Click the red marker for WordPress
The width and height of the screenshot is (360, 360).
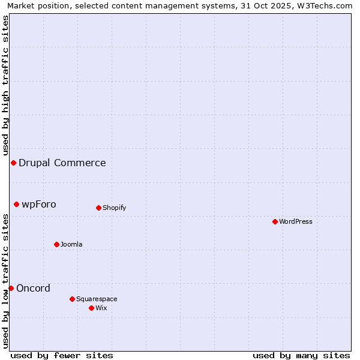click(275, 221)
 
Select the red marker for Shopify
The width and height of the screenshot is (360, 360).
click(98, 208)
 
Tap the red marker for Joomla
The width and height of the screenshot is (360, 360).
click(56, 244)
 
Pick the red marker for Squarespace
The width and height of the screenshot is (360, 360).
click(72, 299)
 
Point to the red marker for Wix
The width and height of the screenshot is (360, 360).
click(91, 308)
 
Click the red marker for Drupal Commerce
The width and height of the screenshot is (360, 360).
click(13, 163)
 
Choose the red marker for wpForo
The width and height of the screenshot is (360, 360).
click(16, 204)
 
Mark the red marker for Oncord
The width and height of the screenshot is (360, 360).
click(11, 288)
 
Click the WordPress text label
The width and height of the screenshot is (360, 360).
click(296, 221)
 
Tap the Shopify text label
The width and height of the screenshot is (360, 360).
click(114, 208)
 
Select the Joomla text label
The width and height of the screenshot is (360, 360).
click(71, 244)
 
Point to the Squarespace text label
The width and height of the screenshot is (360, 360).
click(97, 299)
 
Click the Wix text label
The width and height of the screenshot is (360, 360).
click(101, 308)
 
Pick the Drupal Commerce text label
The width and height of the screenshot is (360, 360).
click(62, 163)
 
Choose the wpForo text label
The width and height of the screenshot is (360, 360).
click(39, 204)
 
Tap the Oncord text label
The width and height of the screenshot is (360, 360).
click(34, 288)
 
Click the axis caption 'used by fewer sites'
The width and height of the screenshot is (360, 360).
click(62, 355)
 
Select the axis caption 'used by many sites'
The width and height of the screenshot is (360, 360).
click(301, 355)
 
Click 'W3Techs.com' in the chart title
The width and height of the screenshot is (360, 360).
click(326, 6)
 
